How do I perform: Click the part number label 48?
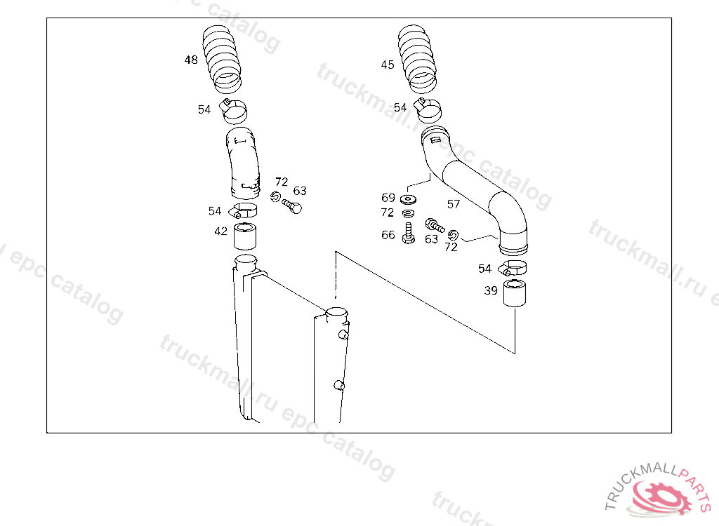191,60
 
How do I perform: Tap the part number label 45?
388,65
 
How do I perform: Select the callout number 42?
220,231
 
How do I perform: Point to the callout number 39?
491,290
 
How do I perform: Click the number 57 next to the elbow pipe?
454,204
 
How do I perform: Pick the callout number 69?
388,198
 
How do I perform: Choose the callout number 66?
388,234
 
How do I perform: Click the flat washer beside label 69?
408,199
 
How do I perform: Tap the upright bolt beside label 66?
408,233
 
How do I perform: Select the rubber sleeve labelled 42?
245,236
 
